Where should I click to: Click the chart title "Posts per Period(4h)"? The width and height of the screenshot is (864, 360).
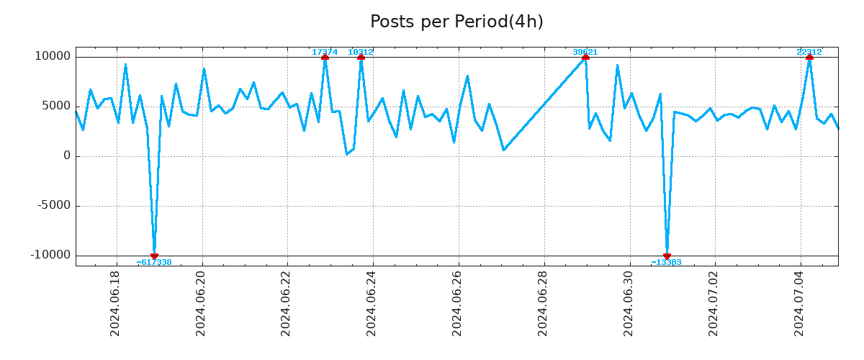(x=456, y=22)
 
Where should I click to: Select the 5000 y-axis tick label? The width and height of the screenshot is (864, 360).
(x=55, y=107)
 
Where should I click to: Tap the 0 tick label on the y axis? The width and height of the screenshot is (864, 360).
(x=67, y=156)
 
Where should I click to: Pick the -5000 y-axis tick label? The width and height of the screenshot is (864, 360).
(x=52, y=206)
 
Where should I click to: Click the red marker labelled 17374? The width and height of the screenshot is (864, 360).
(x=325, y=57)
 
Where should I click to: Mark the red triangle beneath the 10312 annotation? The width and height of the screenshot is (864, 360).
(x=361, y=57)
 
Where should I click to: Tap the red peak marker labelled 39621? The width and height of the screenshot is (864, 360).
(x=585, y=57)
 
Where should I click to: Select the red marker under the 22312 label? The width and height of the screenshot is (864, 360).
(x=809, y=57)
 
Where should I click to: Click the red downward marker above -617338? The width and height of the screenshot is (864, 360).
(x=154, y=256)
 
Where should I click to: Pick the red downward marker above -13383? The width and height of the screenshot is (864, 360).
(x=667, y=256)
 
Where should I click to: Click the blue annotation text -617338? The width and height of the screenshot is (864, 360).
(x=154, y=263)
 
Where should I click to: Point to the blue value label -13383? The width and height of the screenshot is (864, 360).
(x=667, y=263)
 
